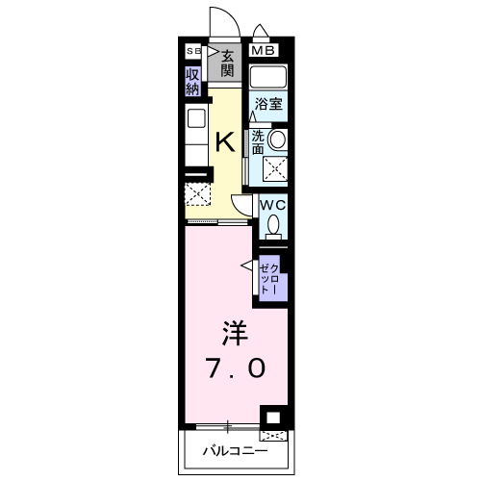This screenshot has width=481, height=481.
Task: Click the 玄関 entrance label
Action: [x=227, y=64]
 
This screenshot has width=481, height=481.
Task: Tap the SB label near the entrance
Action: [x=192, y=51]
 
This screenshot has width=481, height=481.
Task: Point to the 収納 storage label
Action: [x=193, y=81]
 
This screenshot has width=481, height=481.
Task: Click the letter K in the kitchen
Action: [x=224, y=142]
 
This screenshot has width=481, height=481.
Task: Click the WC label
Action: [x=271, y=205]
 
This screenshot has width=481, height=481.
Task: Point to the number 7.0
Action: [x=231, y=368]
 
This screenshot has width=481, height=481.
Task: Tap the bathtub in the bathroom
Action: [x=268, y=77]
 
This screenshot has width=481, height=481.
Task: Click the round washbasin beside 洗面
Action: [x=277, y=140]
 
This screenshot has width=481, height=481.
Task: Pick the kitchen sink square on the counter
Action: [x=196, y=119]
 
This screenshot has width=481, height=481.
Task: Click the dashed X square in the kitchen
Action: [x=197, y=193]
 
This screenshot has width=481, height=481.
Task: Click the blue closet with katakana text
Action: [x=270, y=276]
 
